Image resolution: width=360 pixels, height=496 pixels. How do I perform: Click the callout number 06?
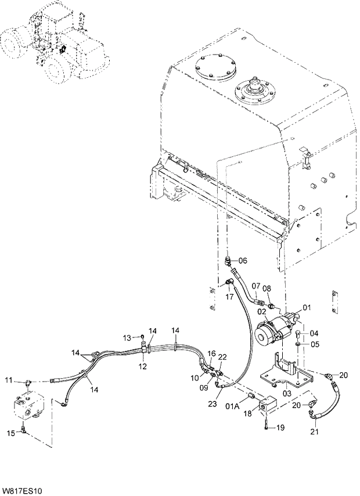pos(242,260)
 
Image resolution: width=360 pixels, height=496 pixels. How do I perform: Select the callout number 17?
pos(229,297)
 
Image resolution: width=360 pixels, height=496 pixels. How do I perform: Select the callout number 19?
pos(280,428)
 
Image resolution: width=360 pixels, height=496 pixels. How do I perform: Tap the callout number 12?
pos(142,366)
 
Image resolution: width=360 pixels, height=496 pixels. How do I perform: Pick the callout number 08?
pos(267,288)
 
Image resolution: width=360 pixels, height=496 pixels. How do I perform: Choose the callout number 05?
pos(314,344)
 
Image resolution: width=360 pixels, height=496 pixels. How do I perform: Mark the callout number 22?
pos(222,357)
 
